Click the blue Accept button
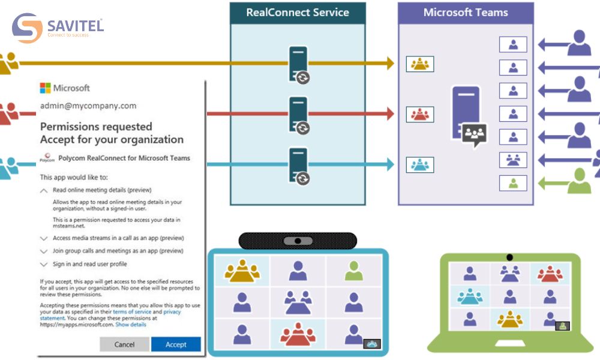coord(176,344)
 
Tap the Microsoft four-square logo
coord(46,88)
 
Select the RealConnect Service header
coord(298,13)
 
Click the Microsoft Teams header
coord(466,13)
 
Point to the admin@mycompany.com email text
coord(88,106)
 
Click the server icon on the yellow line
coord(298,62)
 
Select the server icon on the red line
coord(298,113)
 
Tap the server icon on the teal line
coord(298,164)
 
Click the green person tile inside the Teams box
coord(513,183)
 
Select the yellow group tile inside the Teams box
coord(420,64)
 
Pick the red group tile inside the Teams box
coord(420,114)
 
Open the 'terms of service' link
coord(131,312)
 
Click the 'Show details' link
coord(131,325)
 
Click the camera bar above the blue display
coord(298,241)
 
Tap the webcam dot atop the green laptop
coord(509,257)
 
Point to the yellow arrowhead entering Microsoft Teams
coord(390,62)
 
